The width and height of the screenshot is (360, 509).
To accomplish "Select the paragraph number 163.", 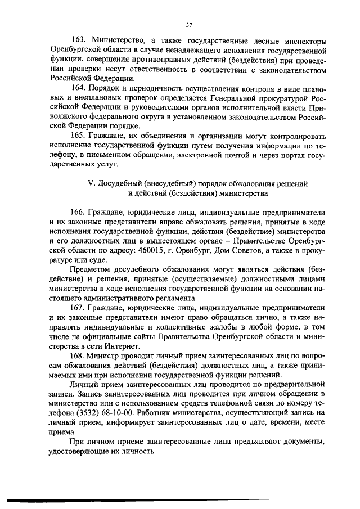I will tap(80, 40).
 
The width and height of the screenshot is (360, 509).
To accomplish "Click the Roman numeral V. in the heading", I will tap(93, 184).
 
